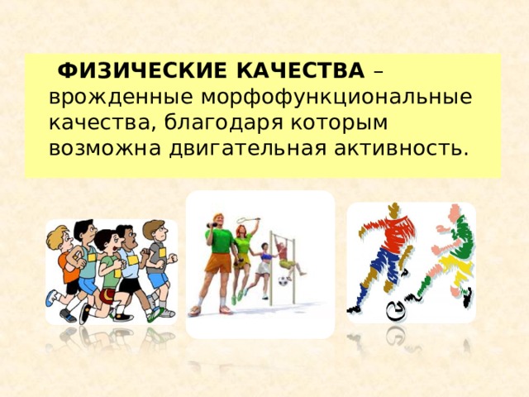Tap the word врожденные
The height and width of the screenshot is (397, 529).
point(122,98)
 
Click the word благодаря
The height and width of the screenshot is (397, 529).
point(224,123)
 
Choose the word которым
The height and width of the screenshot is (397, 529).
point(340,123)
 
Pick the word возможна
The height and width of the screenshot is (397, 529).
point(105,149)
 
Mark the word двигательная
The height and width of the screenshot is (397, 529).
point(248,149)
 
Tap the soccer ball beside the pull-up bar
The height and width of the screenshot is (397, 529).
point(284,281)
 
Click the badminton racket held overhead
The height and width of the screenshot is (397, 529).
point(248,221)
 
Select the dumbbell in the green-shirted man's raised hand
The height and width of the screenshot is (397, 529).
point(212,224)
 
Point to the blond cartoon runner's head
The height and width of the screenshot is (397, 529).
point(59,237)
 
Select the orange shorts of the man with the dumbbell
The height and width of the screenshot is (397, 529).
point(218,262)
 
